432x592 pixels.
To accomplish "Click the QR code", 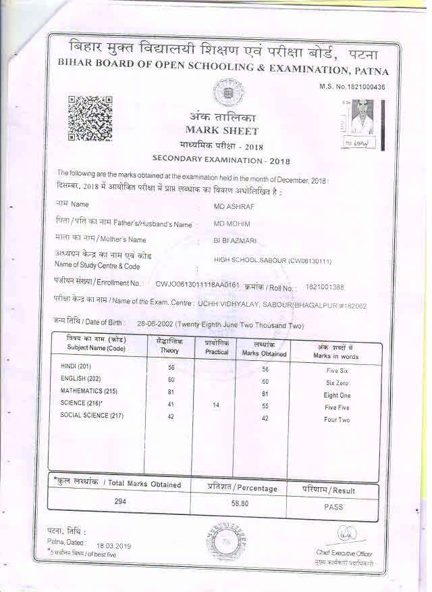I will tap(90, 119).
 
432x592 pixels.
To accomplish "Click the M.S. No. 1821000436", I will tap(352, 87).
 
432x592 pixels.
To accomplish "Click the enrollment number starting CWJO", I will tap(197, 285).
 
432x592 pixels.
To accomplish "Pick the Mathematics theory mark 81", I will tap(171, 392).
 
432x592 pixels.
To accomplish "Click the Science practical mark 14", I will tap(215, 405).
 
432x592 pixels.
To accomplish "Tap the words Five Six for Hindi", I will tap(337, 371).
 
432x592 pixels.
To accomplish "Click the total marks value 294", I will tap(120, 502).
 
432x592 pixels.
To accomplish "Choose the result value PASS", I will tap(333, 506).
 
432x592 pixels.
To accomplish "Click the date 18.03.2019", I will tap(113, 545).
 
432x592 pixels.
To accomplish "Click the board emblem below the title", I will tap(223, 91).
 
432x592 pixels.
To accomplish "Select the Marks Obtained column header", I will tap(265, 349).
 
